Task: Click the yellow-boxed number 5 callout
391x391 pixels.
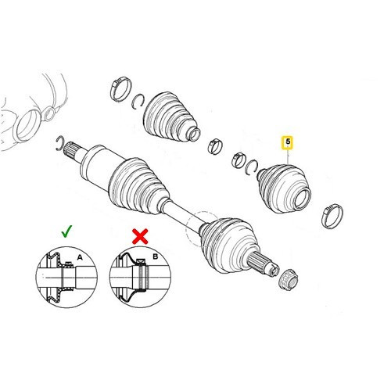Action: [288, 142]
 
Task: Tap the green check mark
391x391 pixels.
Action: [66, 231]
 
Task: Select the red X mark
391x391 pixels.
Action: [140, 236]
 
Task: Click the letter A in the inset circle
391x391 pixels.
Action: [80, 257]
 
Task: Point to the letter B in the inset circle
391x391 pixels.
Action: [156, 256]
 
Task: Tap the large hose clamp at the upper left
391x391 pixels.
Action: [120, 88]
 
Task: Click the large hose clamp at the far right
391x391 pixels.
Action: [332, 216]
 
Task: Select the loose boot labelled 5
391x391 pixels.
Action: [284, 188]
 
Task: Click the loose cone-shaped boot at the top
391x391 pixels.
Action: [170, 117]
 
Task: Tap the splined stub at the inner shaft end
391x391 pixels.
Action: [72, 150]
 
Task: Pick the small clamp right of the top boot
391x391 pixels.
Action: [215, 146]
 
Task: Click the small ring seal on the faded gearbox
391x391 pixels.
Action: [49, 113]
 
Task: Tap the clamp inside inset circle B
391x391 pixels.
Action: [142, 274]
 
